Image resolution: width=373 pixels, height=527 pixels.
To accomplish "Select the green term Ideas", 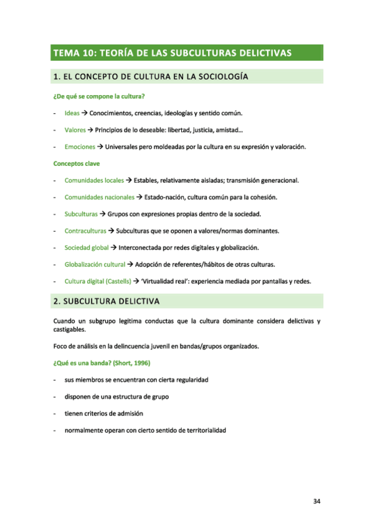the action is coord(72,113).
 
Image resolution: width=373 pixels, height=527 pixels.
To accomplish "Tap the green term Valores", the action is coord(75,130).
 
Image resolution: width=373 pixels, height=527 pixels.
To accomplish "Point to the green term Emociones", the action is coord(80,147).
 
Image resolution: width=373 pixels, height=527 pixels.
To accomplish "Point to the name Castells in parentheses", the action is coord(118,281).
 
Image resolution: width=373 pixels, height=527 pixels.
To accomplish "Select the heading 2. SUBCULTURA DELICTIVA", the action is coord(106,301).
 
